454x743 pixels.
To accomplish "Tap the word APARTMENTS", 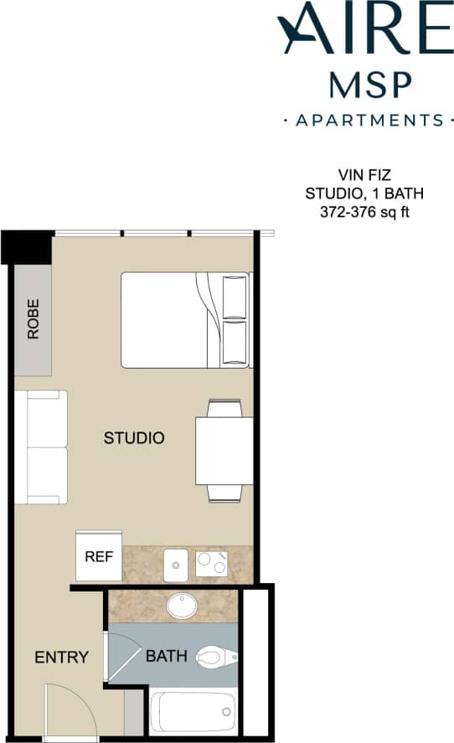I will (369, 120).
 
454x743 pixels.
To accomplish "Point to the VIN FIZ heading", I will (364, 176).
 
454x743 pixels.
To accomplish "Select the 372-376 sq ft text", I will (364, 212).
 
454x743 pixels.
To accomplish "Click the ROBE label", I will (34, 319).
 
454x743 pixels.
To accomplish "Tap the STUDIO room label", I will (133, 437).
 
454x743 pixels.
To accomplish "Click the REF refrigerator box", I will (99, 555).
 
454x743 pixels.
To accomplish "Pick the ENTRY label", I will (61, 658).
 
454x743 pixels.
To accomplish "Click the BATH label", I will (166, 656).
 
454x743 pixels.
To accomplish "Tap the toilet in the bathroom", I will (216, 657).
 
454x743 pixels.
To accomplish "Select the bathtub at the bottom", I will (193, 711).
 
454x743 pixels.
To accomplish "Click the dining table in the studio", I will (224, 451).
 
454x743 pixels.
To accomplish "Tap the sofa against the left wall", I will (41, 447).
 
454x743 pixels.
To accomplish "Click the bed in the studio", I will (185, 320).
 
